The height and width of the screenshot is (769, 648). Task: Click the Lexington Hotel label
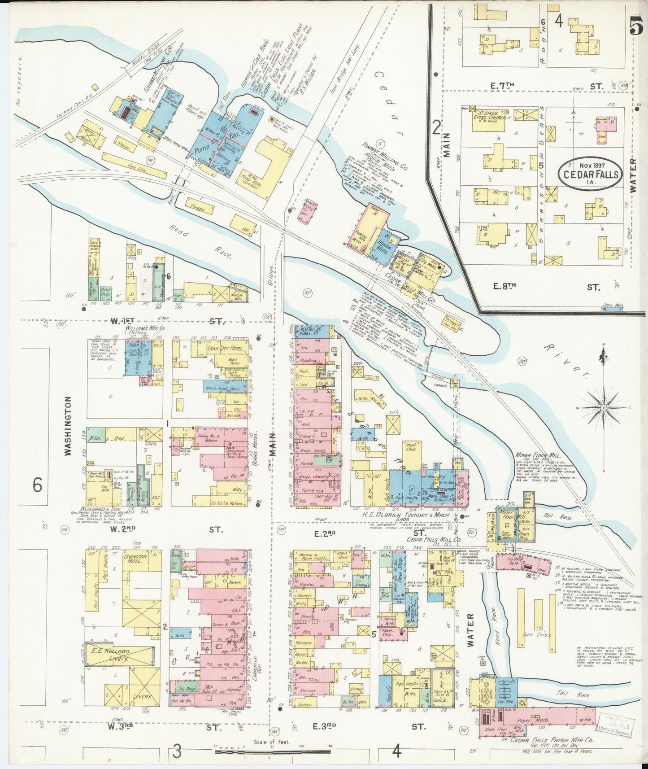(135, 559)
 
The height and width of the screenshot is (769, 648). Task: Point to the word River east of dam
(566, 360)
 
